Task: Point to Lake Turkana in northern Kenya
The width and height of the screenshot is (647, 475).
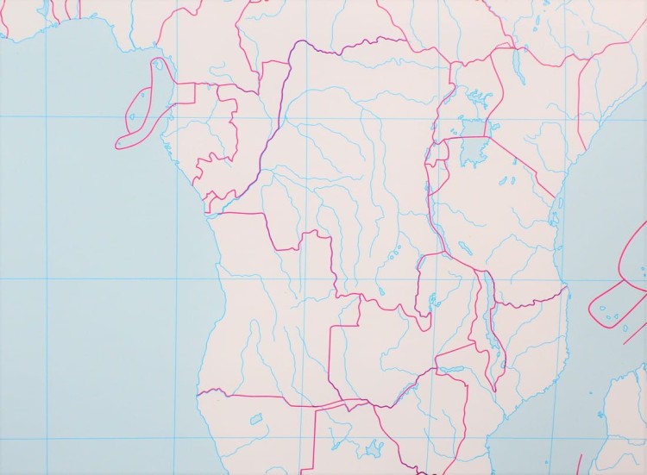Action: click(518, 63)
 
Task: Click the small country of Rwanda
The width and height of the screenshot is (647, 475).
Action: click(437, 153)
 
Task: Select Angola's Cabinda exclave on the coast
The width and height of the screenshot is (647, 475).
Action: click(210, 204)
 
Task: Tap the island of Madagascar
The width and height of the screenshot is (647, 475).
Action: click(625, 422)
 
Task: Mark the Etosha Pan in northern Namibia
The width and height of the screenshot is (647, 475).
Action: click(255, 419)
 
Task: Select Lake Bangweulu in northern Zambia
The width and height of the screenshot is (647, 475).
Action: click(432, 301)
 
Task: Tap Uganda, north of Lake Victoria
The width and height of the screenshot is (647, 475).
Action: click(466, 95)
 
